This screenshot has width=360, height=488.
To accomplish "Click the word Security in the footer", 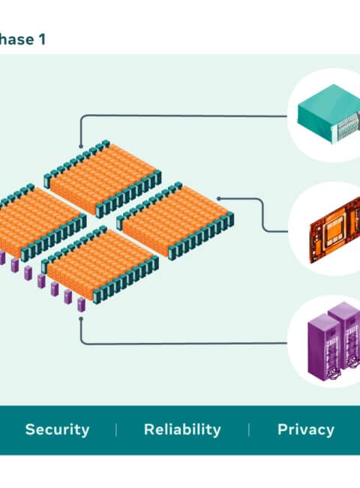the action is tap(57, 429).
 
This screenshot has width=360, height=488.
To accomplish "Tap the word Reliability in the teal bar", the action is tap(182, 429).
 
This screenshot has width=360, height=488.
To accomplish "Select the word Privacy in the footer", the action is tap(306, 429).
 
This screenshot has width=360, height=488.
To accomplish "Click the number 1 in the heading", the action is tap(42, 40).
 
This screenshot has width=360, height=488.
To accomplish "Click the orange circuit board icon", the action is tap(335, 230).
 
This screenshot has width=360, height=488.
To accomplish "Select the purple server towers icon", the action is tap(334, 341).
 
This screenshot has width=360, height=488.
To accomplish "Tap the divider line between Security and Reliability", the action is tap(116, 429).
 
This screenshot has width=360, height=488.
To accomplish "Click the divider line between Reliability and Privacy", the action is tap(249, 429).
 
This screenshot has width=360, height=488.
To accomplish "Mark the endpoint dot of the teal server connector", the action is tap(81, 146).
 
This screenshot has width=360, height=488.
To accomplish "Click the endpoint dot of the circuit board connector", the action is tap(219, 198).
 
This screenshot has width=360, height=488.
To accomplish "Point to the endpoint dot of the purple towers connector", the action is tap(81, 318).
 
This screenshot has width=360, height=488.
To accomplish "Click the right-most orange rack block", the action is tap(175, 221).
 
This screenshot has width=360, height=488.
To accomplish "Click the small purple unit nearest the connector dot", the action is tap(81, 304).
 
